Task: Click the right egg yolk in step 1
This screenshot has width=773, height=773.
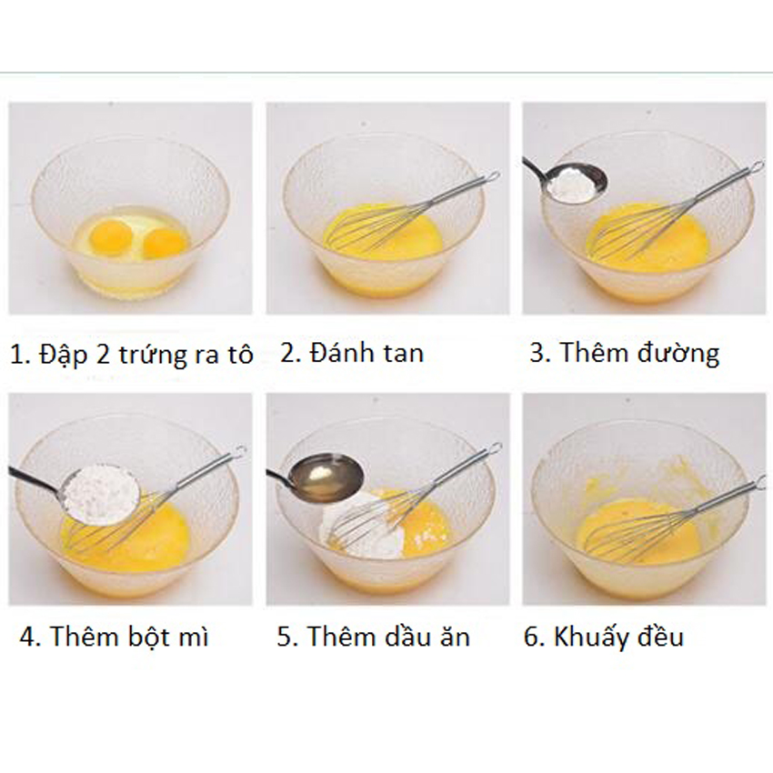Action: coord(167,243)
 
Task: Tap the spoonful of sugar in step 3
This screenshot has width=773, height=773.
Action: coord(575,184)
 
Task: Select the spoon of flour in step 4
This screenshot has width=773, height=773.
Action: coord(102,492)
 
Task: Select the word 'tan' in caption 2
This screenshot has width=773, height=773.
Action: coord(404,353)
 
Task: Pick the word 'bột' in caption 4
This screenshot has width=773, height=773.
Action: coord(146,636)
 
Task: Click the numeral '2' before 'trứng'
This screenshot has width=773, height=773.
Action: coord(103,355)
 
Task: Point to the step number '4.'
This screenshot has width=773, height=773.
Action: coord(31,637)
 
